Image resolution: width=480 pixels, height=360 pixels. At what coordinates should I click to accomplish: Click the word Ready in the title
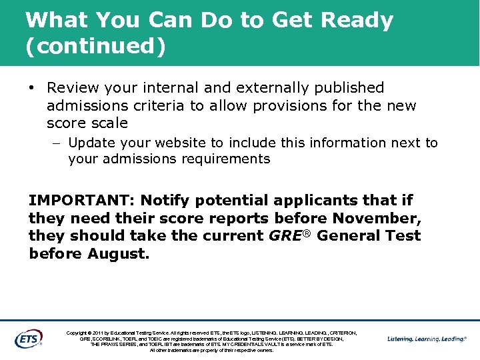[357, 21]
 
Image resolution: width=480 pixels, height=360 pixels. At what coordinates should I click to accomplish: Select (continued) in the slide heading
[95, 47]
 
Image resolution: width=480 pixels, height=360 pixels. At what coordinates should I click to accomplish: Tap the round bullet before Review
[31, 88]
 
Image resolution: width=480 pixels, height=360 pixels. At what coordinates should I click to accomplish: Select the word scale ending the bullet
[109, 123]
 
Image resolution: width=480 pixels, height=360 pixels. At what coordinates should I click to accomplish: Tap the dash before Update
[58, 143]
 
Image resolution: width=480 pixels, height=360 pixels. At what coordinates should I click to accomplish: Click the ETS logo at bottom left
[29, 339]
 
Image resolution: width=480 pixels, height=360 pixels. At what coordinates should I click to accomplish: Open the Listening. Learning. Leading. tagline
[427, 339]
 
